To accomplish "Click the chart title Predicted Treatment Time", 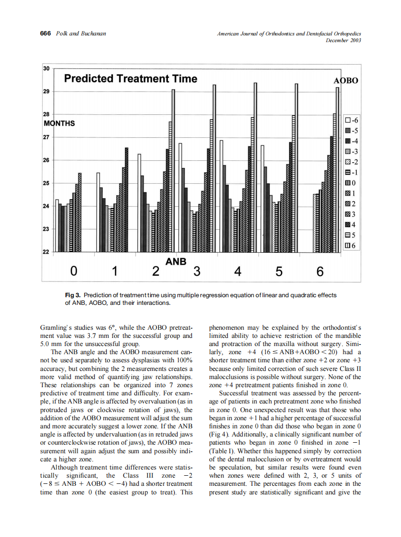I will [x=130, y=79].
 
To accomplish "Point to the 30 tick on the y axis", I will [x=46, y=68].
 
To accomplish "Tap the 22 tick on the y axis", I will [x=46, y=252].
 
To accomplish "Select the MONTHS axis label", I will [x=59, y=123].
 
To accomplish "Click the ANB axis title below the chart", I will [x=176, y=261].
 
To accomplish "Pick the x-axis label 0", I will [x=73, y=272].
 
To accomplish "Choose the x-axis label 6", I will [x=320, y=272].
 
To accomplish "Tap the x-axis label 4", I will [x=237, y=272].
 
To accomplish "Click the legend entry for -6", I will [x=352, y=120].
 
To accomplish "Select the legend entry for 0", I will [x=352, y=183].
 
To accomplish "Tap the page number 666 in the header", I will [x=45, y=34].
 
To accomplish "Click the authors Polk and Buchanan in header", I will [x=80, y=34].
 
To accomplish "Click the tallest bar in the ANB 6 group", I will [x=337, y=168].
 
